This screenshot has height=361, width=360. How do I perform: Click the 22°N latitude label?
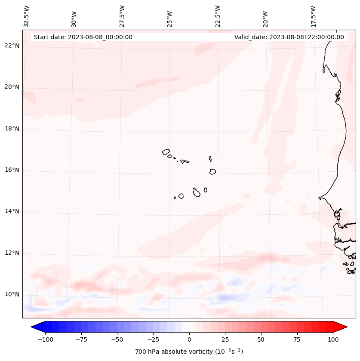12,46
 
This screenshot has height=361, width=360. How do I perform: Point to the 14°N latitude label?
12,212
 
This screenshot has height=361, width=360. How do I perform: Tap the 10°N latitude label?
12,295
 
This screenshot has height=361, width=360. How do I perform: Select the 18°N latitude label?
12,129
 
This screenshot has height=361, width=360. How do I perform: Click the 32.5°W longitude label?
27,16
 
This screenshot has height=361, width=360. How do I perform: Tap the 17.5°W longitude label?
313,16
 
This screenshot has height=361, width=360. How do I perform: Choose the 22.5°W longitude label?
218,16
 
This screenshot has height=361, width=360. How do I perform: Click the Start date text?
83,37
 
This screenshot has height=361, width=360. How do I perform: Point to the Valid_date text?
289,37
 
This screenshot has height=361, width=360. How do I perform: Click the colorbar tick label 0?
189,339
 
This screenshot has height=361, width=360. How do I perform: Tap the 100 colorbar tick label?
333,339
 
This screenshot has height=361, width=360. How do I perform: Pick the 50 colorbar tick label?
261,339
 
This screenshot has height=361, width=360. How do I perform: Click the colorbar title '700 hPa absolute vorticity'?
189,352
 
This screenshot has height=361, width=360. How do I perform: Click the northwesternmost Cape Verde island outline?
166,151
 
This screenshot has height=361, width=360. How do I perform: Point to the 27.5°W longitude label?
122,16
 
